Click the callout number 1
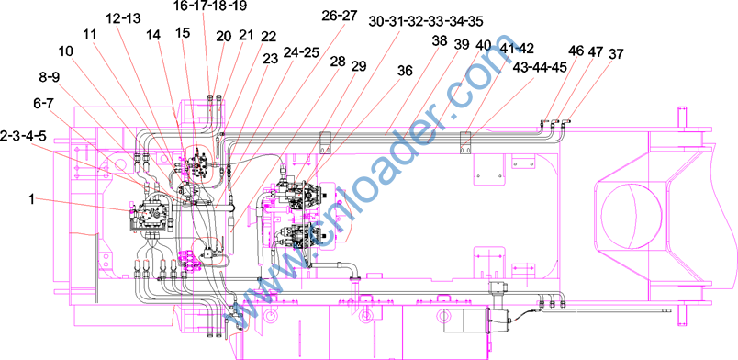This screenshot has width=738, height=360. pos(31,200)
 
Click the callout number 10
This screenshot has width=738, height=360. pos(66,51)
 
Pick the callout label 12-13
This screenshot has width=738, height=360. pos(122,19)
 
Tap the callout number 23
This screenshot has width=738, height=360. pos(270,58)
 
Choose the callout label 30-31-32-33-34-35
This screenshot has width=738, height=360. pos(426,21)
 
